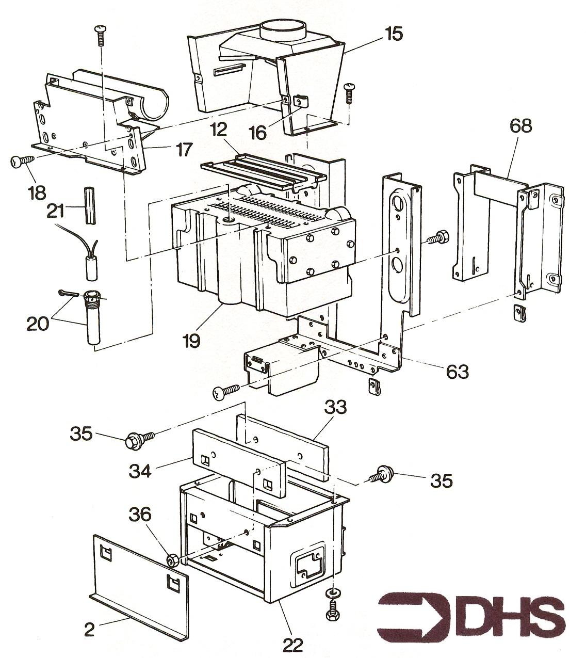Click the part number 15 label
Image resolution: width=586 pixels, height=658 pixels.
394,34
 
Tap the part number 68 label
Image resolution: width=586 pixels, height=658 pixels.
520,126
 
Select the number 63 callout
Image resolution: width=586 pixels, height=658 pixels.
457,372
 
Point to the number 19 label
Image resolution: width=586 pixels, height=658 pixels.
191,341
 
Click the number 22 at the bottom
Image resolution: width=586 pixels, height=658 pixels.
293,644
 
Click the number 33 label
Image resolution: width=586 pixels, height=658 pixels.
335,407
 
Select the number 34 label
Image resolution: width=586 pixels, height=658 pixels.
140,471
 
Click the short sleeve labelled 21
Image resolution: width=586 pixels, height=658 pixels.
90,205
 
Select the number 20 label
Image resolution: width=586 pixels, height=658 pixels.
38,324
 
